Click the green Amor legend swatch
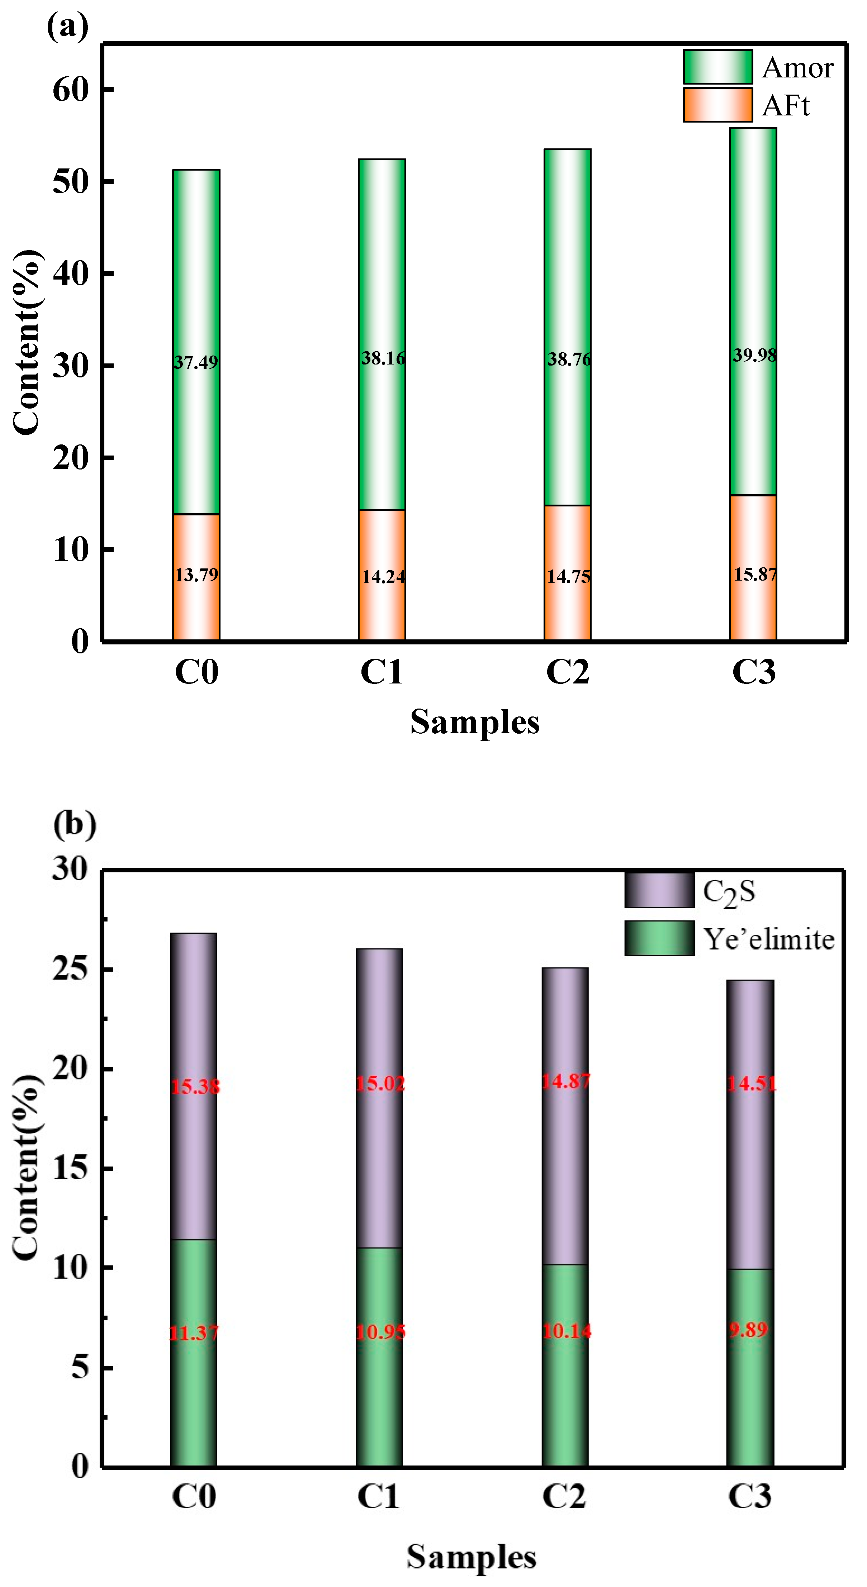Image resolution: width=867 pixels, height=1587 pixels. [x=717, y=67]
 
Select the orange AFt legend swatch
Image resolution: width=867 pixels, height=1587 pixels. [x=717, y=105]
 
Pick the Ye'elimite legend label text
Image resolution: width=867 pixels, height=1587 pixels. [x=768, y=939]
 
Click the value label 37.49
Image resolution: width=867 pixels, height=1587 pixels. [x=196, y=362]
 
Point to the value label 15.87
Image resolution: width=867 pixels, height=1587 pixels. [x=755, y=574]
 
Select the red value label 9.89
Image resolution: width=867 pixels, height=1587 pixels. [x=748, y=1330]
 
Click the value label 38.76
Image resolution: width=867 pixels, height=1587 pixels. [x=569, y=359]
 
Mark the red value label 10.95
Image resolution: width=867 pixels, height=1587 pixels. [x=380, y=1333]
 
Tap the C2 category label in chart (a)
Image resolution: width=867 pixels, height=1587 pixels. [x=568, y=672]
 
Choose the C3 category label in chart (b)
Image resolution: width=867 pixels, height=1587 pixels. [x=749, y=1496]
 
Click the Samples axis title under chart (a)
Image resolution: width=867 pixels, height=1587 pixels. [x=474, y=722]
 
